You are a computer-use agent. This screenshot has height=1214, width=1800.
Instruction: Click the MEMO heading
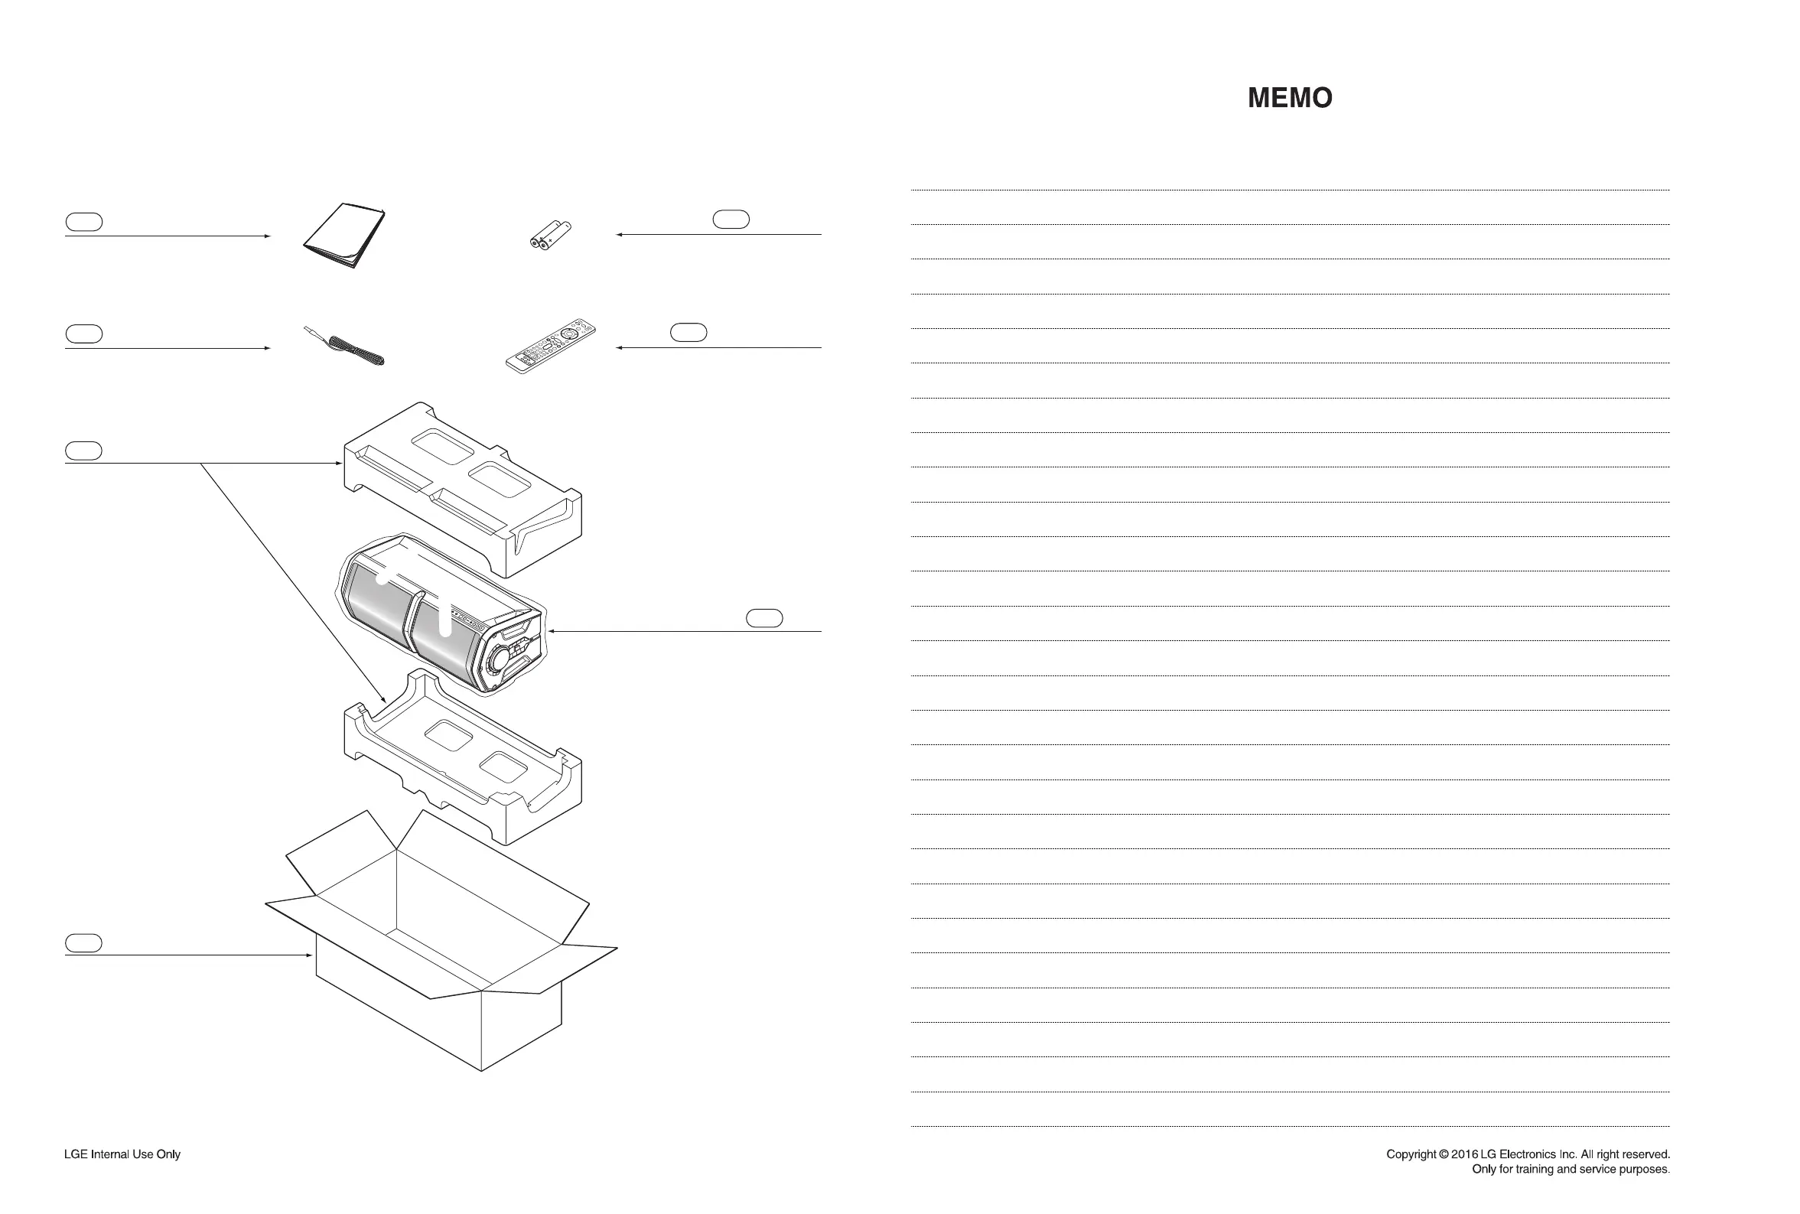(1289, 98)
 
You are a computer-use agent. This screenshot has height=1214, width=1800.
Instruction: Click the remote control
(551, 345)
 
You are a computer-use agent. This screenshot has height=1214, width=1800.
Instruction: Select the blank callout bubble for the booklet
(83, 222)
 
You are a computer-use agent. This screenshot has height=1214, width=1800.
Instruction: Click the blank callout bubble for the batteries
(730, 220)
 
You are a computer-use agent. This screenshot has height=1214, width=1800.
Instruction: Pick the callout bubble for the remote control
(688, 332)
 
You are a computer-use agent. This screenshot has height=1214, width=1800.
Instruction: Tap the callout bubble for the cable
(83, 334)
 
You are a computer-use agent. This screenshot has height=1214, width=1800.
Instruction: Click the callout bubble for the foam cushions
(83, 451)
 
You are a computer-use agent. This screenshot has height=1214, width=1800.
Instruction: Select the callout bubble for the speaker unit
(763, 618)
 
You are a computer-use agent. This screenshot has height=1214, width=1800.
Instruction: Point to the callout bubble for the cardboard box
(83, 942)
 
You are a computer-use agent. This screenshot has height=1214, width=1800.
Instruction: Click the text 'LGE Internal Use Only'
(122, 1154)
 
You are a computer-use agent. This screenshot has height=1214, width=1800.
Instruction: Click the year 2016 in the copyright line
(1464, 1154)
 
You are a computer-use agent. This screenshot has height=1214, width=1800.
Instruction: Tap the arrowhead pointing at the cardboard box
(309, 955)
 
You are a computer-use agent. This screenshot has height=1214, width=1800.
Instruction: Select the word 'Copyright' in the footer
(1411, 1154)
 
